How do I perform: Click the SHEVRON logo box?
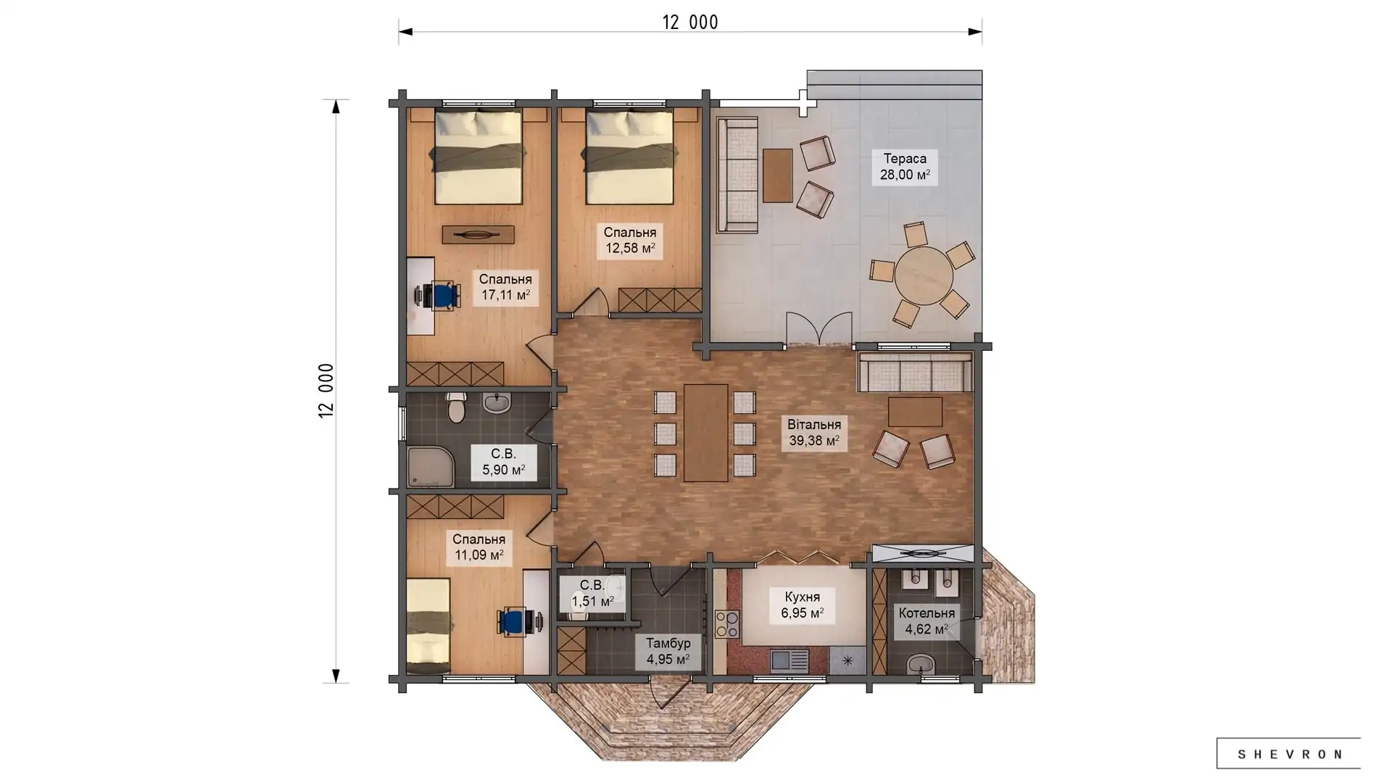pos(1288,753)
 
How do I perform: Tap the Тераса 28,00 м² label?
pos(905,167)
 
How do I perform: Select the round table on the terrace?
pos(923,275)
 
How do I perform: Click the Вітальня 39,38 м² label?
pos(814,433)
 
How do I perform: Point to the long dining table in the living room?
pos(705,433)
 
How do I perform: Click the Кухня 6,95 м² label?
pos(802,605)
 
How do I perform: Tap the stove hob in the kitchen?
pos(727,624)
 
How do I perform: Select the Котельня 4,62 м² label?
pos(927,621)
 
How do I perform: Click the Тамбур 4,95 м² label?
pos(668,652)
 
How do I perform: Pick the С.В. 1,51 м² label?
pos(592,593)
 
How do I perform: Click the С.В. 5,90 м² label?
pos(503,462)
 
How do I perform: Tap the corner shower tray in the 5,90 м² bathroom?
pos(431,467)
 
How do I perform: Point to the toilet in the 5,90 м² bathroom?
pos(456,407)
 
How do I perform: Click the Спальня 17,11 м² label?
pos(505,287)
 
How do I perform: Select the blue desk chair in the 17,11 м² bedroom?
pos(442,296)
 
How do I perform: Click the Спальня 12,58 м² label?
pos(630,240)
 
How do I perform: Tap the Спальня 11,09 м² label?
pos(478,547)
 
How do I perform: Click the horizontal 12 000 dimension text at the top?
pos(690,22)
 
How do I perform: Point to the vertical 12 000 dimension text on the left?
pos(326,391)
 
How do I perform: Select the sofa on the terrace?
pos(737,175)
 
